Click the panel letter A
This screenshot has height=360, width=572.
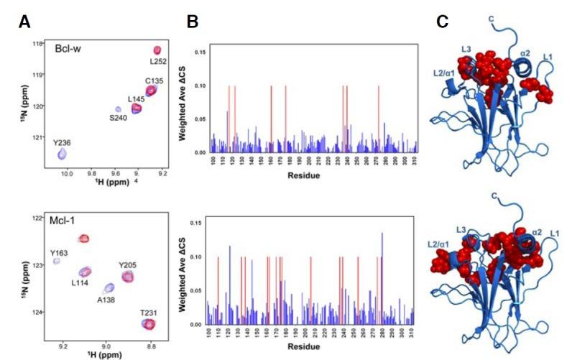(x=24, y=22)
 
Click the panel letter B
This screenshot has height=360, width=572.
(x=192, y=22)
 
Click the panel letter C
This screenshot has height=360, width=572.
(x=443, y=22)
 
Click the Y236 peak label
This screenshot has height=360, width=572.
(x=63, y=144)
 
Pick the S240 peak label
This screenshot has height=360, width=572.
(x=119, y=116)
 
